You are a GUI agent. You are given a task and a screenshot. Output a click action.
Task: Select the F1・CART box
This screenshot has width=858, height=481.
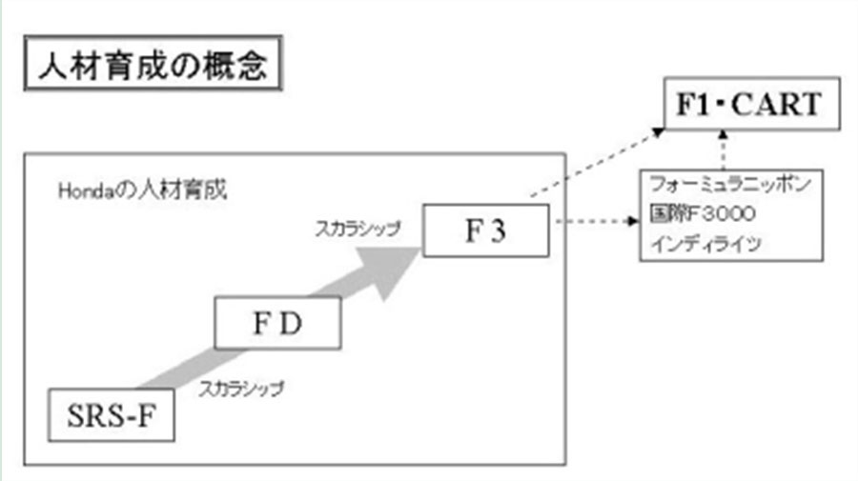pyautogui.click(x=752, y=105)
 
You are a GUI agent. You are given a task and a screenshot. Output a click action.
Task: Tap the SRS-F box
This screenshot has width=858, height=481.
pyautogui.click(x=112, y=415)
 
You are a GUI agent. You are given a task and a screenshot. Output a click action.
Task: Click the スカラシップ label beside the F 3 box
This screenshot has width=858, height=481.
pyautogui.click(x=358, y=229)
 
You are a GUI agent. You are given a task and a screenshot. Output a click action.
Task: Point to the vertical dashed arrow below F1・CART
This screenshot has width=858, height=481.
pyautogui.click(x=726, y=151)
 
